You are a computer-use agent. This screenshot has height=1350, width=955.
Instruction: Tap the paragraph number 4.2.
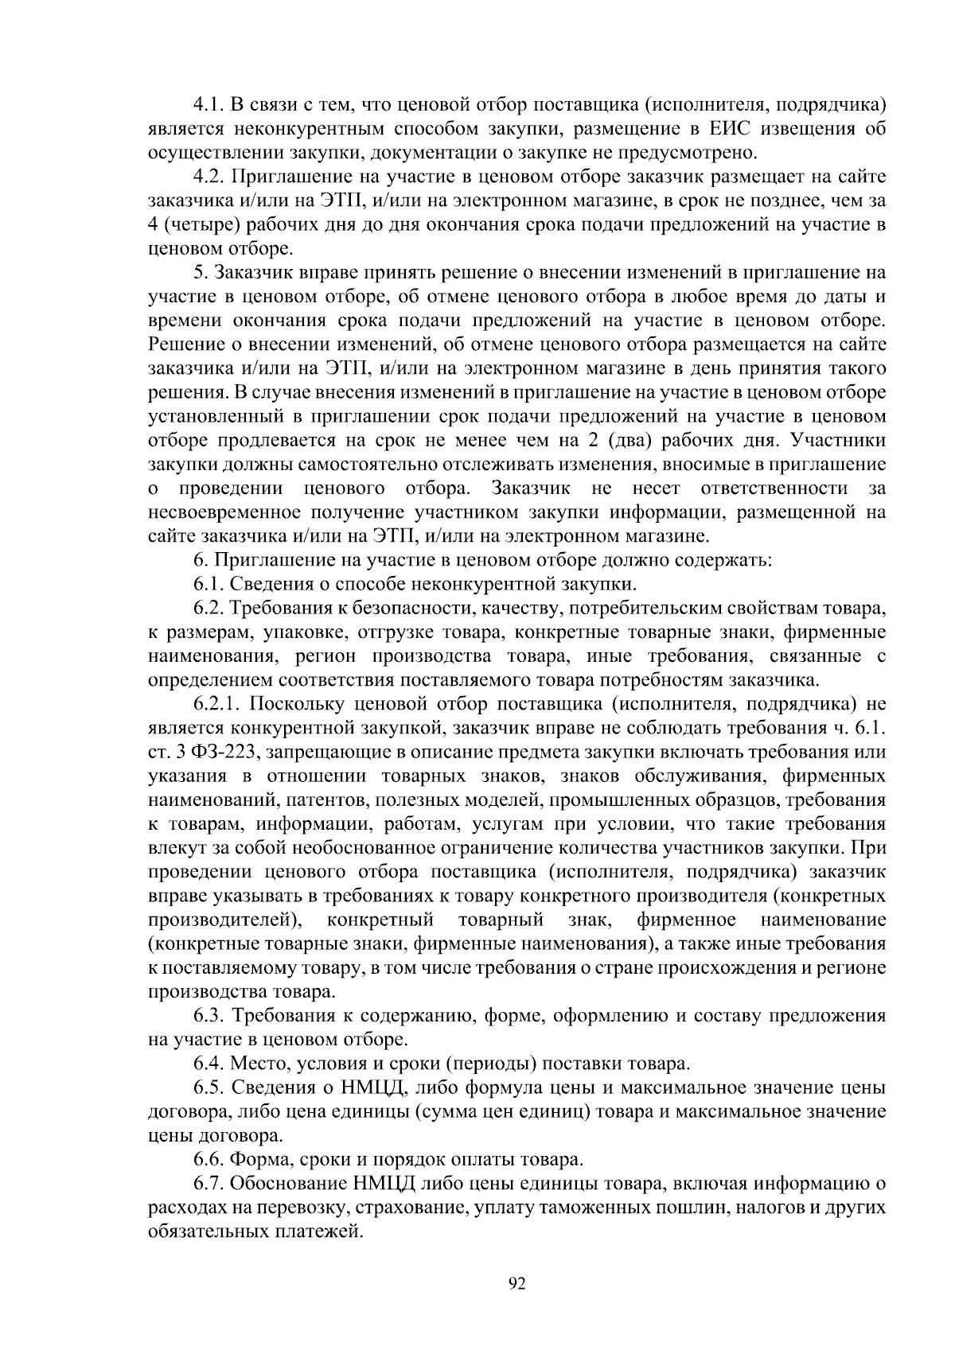point(209,177)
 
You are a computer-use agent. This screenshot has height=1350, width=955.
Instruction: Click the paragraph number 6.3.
point(209,1016)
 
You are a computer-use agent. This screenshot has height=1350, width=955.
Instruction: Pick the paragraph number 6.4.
point(209,1064)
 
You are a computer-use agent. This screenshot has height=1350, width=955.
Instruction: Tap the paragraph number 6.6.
point(209,1159)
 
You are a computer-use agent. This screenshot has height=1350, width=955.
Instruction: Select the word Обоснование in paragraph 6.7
point(288,1183)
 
